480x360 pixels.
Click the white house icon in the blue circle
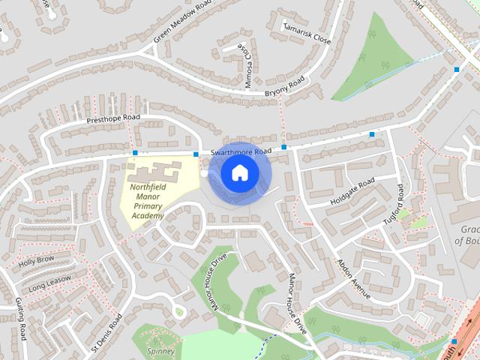pyautogui.click(x=239, y=172)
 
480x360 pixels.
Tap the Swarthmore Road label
pyautogui.click(x=240, y=152)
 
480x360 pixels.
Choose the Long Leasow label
pyautogui.click(x=50, y=283)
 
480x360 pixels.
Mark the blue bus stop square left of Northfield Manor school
pyautogui.click(x=134, y=153)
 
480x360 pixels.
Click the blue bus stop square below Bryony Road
pyautogui.click(x=283, y=147)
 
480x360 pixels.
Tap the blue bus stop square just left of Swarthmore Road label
pyautogui.click(x=196, y=154)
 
